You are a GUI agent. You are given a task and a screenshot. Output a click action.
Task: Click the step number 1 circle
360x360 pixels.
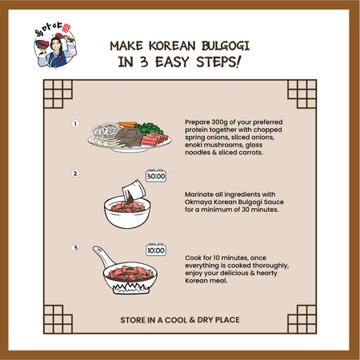pyautogui.click(x=75, y=124)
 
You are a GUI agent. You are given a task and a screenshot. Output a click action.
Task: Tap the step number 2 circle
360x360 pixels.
pyautogui.click(x=75, y=174)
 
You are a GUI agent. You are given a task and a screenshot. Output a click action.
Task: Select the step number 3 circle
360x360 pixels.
pyautogui.click(x=75, y=247)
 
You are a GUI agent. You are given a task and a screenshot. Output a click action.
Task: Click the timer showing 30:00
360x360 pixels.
pyautogui.click(x=156, y=176)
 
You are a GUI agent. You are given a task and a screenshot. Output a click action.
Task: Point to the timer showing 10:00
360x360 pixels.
pyautogui.click(x=156, y=250)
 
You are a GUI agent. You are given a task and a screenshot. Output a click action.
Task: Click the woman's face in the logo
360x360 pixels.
pyautogui.click(x=56, y=46)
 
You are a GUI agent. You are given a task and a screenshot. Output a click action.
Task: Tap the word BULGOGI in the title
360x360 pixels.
pyautogui.click(x=226, y=46)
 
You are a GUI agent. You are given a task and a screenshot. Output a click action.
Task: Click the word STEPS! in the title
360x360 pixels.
pyautogui.click(x=218, y=62)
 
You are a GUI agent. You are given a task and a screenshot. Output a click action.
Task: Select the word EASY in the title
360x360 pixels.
pyautogui.click(x=172, y=62)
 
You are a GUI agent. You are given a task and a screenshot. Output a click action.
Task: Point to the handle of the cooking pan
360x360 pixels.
pyautogui.click(x=103, y=256)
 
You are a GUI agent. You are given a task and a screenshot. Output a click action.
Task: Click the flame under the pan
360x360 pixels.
pyautogui.click(x=130, y=288)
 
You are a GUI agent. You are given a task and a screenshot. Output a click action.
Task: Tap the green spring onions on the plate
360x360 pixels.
pyautogui.click(x=149, y=128)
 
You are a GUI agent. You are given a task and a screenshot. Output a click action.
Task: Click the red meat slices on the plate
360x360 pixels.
pyautogui.click(x=154, y=140)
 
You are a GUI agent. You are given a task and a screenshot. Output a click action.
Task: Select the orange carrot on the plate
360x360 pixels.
pyautogui.click(x=127, y=124)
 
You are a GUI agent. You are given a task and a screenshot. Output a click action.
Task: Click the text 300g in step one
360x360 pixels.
pyautogui.click(x=219, y=122)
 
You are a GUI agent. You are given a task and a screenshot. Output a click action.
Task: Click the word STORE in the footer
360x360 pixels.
pyautogui.click(x=133, y=320)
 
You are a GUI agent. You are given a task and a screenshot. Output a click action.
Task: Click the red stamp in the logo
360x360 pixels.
pyautogui.click(x=66, y=28)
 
